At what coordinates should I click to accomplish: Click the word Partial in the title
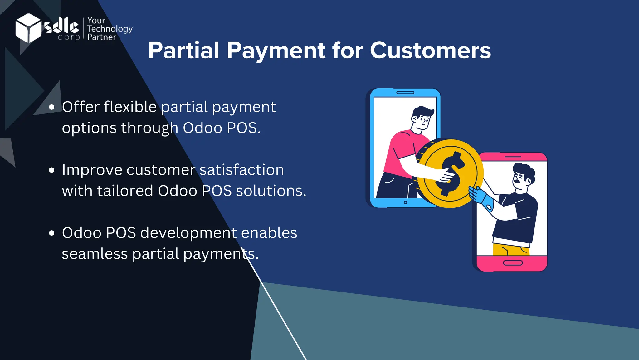(183, 50)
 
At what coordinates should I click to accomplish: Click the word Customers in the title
(430, 50)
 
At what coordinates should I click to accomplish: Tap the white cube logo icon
(28, 28)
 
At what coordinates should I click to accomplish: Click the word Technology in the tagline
(110, 29)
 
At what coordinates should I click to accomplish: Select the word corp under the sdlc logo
(69, 37)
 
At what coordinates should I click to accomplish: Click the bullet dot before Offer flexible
(52, 107)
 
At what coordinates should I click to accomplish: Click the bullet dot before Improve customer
(52, 170)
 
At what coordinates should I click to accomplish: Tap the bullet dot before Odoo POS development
(52, 233)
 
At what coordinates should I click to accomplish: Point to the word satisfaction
(241, 170)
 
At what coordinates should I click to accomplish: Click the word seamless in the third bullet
(95, 254)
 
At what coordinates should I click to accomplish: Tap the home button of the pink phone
(513, 263)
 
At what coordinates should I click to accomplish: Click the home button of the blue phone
(405, 202)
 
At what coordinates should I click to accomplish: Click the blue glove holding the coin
(480, 197)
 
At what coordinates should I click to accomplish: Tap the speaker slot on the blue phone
(405, 93)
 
